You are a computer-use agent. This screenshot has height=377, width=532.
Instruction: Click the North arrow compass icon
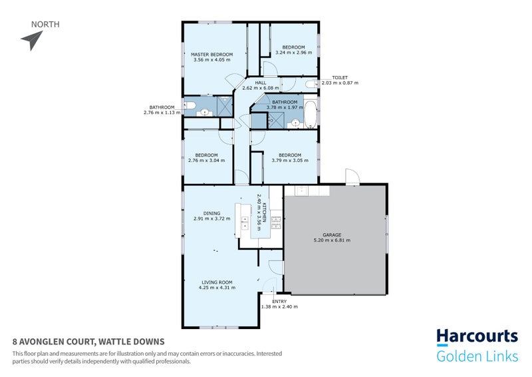[x=31, y=41]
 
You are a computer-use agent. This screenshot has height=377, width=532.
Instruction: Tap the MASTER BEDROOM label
[x=211, y=54]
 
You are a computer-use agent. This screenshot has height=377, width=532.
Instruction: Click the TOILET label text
[x=331, y=77]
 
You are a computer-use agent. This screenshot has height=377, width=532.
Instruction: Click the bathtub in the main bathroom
[x=311, y=114]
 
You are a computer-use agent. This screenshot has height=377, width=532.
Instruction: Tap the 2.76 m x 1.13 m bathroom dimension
[x=162, y=113]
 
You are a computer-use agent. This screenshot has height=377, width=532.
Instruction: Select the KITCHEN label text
[x=264, y=212]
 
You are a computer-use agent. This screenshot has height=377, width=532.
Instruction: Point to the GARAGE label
[x=332, y=234]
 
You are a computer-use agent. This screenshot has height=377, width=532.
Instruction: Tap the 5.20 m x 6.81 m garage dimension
[x=332, y=240]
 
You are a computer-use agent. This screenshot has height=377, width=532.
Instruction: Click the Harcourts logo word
[x=477, y=337]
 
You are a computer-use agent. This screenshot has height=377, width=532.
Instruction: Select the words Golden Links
[x=477, y=357]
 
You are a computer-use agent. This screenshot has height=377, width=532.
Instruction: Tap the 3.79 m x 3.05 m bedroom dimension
[x=290, y=161]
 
